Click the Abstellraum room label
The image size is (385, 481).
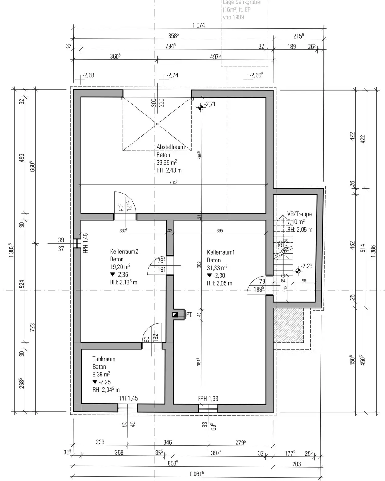pyautogui.click(x=170, y=147)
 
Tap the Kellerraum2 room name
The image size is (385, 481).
pyautogui.click(x=124, y=251)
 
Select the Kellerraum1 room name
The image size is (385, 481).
pyautogui.click(x=221, y=252)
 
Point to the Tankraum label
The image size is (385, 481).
pyautogui.click(x=104, y=359)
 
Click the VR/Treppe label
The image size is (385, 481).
pyautogui.click(x=299, y=214)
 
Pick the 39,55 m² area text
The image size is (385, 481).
pyautogui.click(x=167, y=162)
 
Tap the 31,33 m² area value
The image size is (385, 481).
pyautogui.click(x=217, y=268)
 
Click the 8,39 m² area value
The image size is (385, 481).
pyautogui.click(x=101, y=374)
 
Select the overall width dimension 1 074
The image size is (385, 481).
pyautogui.click(x=199, y=25)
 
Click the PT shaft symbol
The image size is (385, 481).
pyautogui.click(x=175, y=314)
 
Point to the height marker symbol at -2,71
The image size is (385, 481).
pyautogui.click(x=201, y=107)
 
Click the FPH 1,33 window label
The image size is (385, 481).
pyautogui.click(x=208, y=399)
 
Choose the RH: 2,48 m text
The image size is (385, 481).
pyautogui.click(x=169, y=170)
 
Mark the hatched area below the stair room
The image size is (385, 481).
pyautogui.click(x=289, y=325)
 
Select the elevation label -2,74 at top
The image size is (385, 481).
pyautogui.click(x=173, y=75)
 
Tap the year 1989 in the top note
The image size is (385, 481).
pyautogui.click(x=238, y=17)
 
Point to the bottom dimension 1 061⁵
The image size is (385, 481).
pyautogui.click(x=197, y=474)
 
